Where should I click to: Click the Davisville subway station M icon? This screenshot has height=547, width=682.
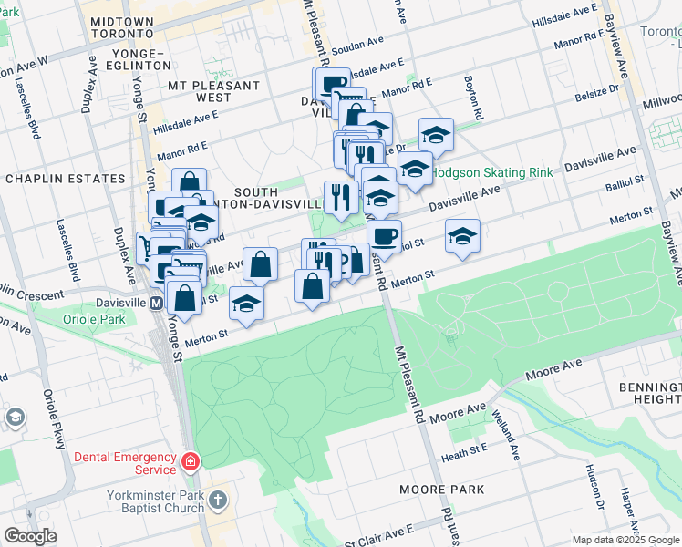(x=156, y=303)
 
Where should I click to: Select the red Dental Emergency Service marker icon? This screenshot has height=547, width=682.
(x=190, y=462)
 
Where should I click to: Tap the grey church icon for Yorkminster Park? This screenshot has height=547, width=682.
(x=217, y=500)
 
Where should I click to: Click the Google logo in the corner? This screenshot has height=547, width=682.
(x=31, y=536)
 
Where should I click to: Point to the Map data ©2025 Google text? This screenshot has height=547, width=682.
(x=625, y=540)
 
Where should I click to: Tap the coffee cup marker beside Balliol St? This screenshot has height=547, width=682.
(x=384, y=237)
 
